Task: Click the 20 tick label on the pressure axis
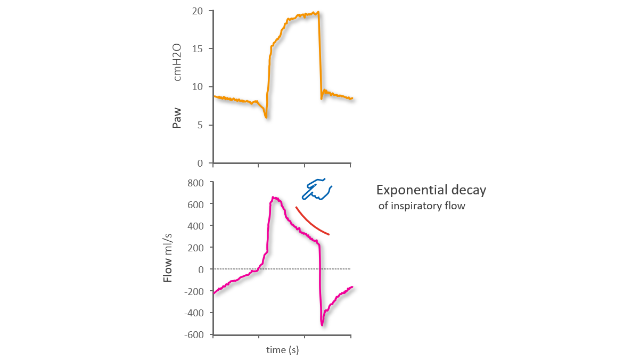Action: pyautogui.click(x=198, y=11)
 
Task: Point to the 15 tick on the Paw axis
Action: pyautogui.click(x=199, y=49)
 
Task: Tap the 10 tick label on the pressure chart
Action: pyautogui.click(x=198, y=87)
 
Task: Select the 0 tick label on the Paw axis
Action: pyautogui.click(x=201, y=163)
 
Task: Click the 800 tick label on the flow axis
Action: pyautogui.click(x=195, y=182)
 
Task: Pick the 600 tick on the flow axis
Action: pyautogui.click(x=195, y=204)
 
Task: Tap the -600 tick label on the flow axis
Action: pyautogui.click(x=194, y=334)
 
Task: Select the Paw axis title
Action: pyautogui.click(x=177, y=118)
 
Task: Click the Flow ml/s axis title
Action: pyautogui.click(x=168, y=258)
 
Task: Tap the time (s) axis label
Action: pyautogui.click(x=282, y=350)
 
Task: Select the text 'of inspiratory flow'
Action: pyautogui.click(x=422, y=206)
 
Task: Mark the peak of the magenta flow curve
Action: pyautogui.click(x=274, y=198)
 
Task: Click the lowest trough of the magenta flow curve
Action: pyautogui.click(x=322, y=324)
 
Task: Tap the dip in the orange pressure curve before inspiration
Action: pyautogui.click(x=266, y=116)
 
